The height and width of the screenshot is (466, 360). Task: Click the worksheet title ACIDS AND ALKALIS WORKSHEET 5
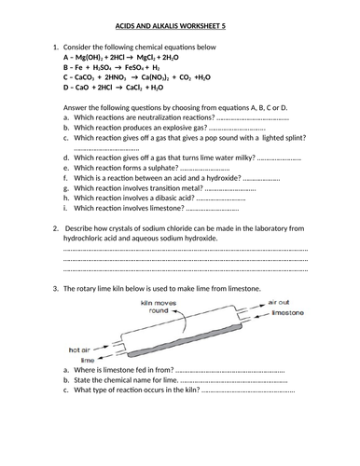[x=179, y=29]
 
